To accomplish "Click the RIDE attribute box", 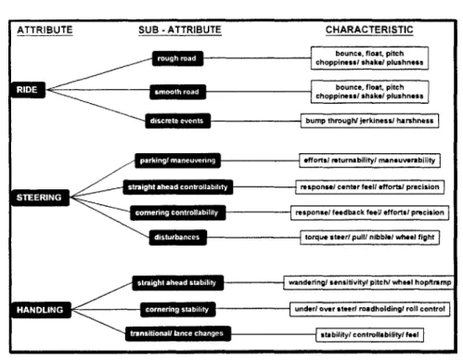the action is (x=28, y=90).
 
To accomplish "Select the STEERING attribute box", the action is (x=39, y=198).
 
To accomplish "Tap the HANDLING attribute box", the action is (x=40, y=310).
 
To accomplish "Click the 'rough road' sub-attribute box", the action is (x=177, y=58).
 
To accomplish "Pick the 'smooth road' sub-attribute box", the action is (x=178, y=92).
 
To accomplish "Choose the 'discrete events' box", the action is (x=178, y=121).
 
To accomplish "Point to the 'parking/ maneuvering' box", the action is (x=178, y=161).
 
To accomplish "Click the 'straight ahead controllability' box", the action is (x=178, y=187).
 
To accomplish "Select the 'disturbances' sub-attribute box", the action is (x=178, y=238).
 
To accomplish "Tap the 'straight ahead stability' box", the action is (x=178, y=283).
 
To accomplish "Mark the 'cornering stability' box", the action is (x=178, y=310).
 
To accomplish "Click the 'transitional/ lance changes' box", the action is (x=178, y=333).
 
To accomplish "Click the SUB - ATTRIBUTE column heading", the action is (x=180, y=30).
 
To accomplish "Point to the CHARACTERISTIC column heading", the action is (x=369, y=30).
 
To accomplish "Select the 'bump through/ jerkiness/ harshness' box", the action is (x=369, y=121).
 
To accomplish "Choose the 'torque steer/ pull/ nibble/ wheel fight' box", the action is (x=369, y=238).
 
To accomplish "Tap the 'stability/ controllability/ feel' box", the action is (x=369, y=335).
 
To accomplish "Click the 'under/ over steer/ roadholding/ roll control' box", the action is (x=369, y=309).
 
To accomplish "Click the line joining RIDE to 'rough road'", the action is (x=99, y=74).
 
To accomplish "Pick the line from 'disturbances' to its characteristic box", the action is (x=253, y=238).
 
